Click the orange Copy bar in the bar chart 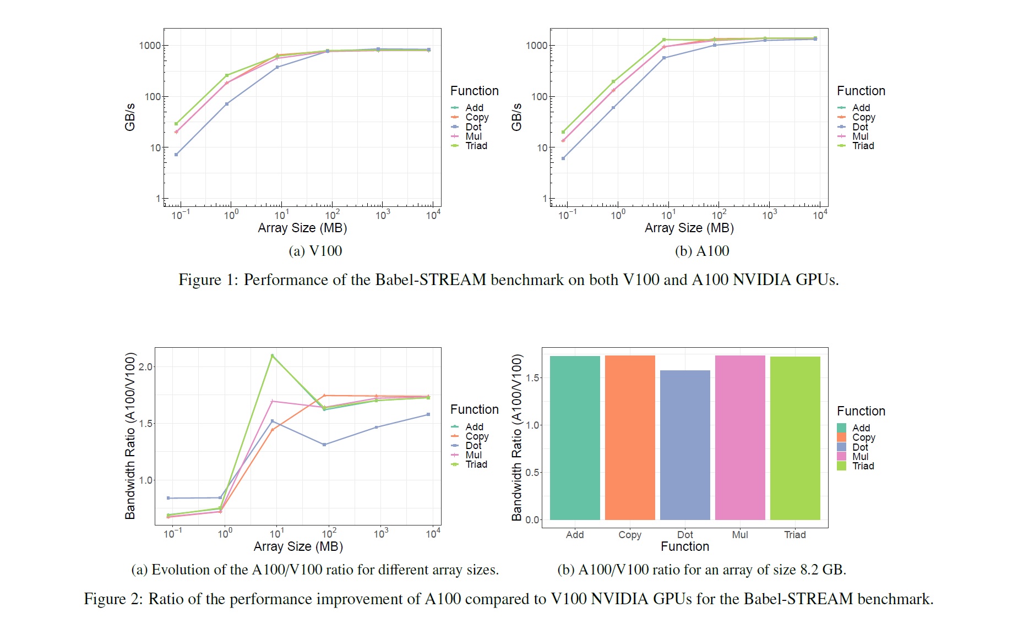tap(630, 437)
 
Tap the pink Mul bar tap(740, 437)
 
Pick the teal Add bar tap(575, 437)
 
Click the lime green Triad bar tap(795, 438)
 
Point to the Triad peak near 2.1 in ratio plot tap(272, 356)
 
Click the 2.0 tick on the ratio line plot tap(145, 366)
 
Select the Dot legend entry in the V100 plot tap(473, 127)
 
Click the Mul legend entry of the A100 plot tap(860, 136)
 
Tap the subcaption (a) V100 tap(315, 251)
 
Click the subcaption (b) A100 tap(702, 251)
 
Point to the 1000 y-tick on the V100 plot tap(150, 46)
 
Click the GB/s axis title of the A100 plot tap(516, 117)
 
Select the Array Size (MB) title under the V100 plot tap(302, 228)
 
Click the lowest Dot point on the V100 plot tap(176, 155)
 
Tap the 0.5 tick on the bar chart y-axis tap(532, 472)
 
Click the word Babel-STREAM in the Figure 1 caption tap(431, 280)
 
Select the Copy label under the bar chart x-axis tap(630, 534)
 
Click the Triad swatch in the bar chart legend tap(841, 466)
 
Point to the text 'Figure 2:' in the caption tap(113, 599)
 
